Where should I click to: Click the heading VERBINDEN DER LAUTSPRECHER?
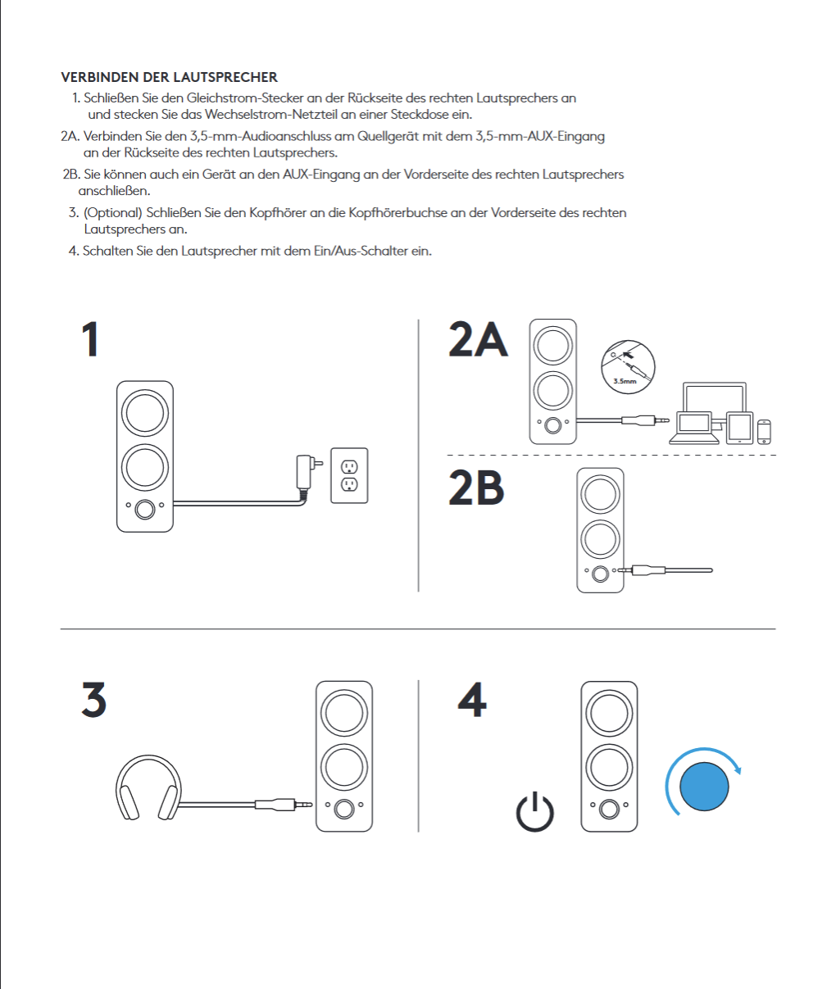tap(169, 77)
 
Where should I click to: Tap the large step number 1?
tap(91, 339)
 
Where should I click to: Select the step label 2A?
tap(478, 339)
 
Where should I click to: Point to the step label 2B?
tap(476, 488)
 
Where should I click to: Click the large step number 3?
tap(94, 700)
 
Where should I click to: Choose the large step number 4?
tap(472, 700)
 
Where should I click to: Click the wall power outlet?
tap(349, 475)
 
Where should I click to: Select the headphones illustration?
tap(148, 788)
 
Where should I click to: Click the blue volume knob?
tap(705, 786)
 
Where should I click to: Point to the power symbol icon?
tap(535, 812)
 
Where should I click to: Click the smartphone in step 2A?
tap(764, 431)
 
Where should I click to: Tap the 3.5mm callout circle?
tap(628, 365)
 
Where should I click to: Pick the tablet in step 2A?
tap(739, 427)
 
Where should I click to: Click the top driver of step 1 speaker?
tap(145, 412)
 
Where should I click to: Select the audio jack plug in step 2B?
tap(643, 569)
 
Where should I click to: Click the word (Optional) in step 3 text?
tap(112, 213)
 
